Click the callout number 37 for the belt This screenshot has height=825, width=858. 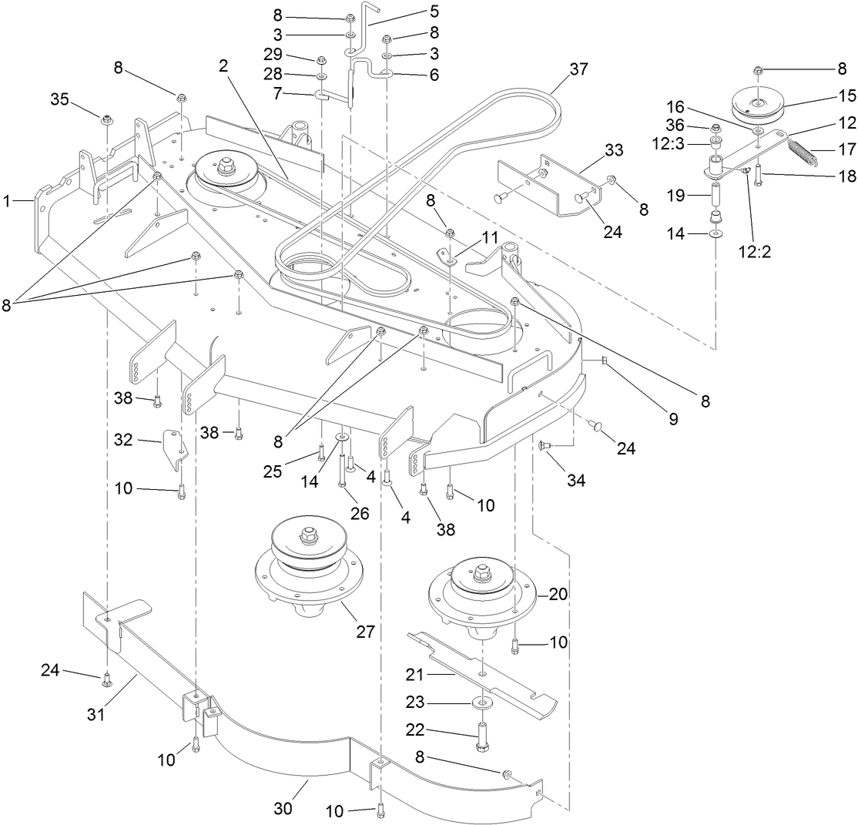(x=578, y=69)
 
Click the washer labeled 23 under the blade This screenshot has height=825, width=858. (x=482, y=703)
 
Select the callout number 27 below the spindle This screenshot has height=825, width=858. (x=365, y=632)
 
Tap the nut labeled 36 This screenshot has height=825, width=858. (x=715, y=128)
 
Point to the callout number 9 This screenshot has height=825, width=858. (x=673, y=420)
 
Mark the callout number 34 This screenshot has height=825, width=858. (x=576, y=481)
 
